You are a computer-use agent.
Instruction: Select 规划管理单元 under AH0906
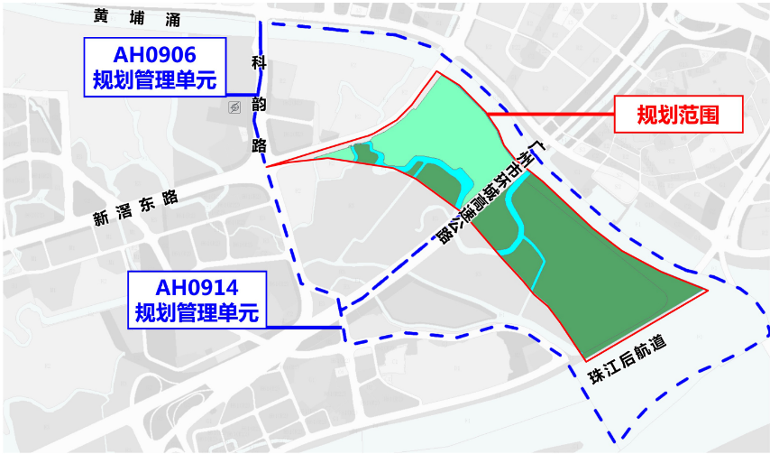(x=154, y=79)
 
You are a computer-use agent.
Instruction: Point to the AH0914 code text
(x=197, y=288)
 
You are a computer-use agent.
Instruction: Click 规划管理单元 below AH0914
(x=197, y=312)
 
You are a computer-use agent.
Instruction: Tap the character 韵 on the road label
(x=259, y=102)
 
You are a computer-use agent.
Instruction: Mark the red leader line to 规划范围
(x=550, y=115)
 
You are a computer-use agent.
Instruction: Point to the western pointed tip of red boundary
(x=269, y=167)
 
